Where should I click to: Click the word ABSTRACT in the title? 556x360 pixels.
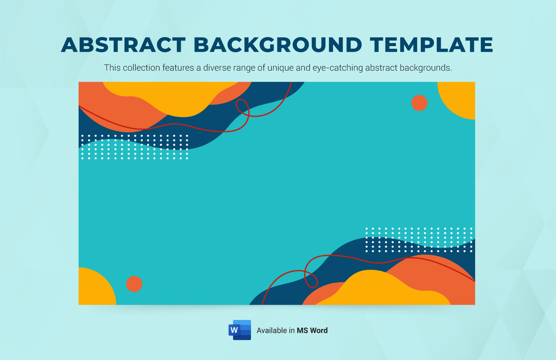[x=123, y=45]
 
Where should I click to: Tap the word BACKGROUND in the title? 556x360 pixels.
[x=278, y=45]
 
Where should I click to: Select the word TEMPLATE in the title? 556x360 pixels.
[x=432, y=45]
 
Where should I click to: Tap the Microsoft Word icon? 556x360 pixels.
[x=240, y=330]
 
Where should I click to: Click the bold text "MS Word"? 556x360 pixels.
[x=312, y=331]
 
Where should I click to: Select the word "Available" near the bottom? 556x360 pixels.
[x=271, y=331]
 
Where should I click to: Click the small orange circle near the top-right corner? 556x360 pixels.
[x=419, y=103]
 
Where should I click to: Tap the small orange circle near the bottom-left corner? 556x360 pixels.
[x=134, y=284]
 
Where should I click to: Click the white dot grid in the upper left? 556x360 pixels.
[x=135, y=147]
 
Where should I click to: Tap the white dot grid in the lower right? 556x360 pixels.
[x=419, y=240]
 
